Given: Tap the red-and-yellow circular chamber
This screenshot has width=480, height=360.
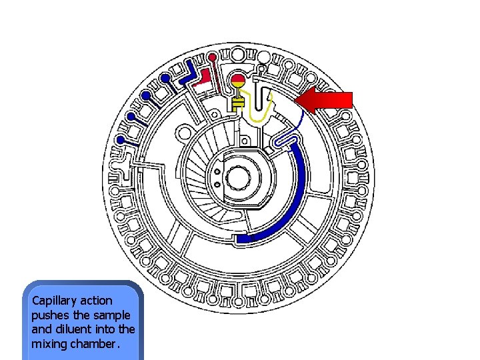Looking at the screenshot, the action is point(238,82).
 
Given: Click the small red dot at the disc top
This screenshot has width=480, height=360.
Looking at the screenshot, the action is point(212,57).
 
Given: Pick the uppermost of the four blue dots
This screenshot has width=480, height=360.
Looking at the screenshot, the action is point(165,78).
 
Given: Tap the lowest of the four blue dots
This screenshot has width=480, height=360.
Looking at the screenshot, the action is point(121,139).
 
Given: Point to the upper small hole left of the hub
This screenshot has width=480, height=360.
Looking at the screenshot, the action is point(216,169).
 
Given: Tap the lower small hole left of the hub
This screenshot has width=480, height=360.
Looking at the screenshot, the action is point(216,182).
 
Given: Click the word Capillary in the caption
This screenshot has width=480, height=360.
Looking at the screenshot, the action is point(53,301).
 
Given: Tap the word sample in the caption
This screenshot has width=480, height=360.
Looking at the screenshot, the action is point(113,315).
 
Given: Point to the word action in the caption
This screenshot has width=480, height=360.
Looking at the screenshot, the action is point(95,301).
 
